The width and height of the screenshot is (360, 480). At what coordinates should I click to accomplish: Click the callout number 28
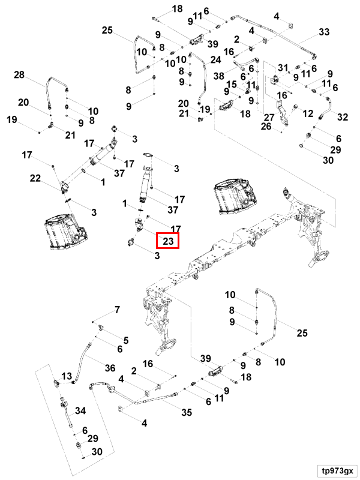[19, 74]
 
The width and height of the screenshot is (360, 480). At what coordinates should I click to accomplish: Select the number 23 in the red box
[168, 241]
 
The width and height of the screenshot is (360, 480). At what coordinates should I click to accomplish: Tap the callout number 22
[35, 178]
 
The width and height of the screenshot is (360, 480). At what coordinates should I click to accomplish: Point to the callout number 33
[324, 32]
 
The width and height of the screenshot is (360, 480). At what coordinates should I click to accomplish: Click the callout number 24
[215, 59]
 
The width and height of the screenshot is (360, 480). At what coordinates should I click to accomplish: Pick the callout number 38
[219, 76]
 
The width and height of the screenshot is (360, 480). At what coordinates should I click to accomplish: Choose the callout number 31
[283, 67]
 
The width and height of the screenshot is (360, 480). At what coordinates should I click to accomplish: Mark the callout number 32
[343, 117]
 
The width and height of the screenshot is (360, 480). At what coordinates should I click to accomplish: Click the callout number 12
[308, 113]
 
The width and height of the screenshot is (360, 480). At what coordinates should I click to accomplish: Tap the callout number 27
[269, 118]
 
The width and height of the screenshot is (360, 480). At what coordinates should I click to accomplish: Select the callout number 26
[266, 126]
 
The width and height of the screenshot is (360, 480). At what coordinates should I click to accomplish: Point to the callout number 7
[117, 310]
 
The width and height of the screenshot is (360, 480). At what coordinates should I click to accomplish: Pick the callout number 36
[110, 368]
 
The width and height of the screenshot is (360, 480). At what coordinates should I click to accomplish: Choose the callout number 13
[67, 376]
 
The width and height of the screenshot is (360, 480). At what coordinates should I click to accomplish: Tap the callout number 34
[80, 410]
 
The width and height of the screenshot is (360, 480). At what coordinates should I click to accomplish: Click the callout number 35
[187, 412]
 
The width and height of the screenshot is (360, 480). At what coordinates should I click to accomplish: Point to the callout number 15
[232, 85]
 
